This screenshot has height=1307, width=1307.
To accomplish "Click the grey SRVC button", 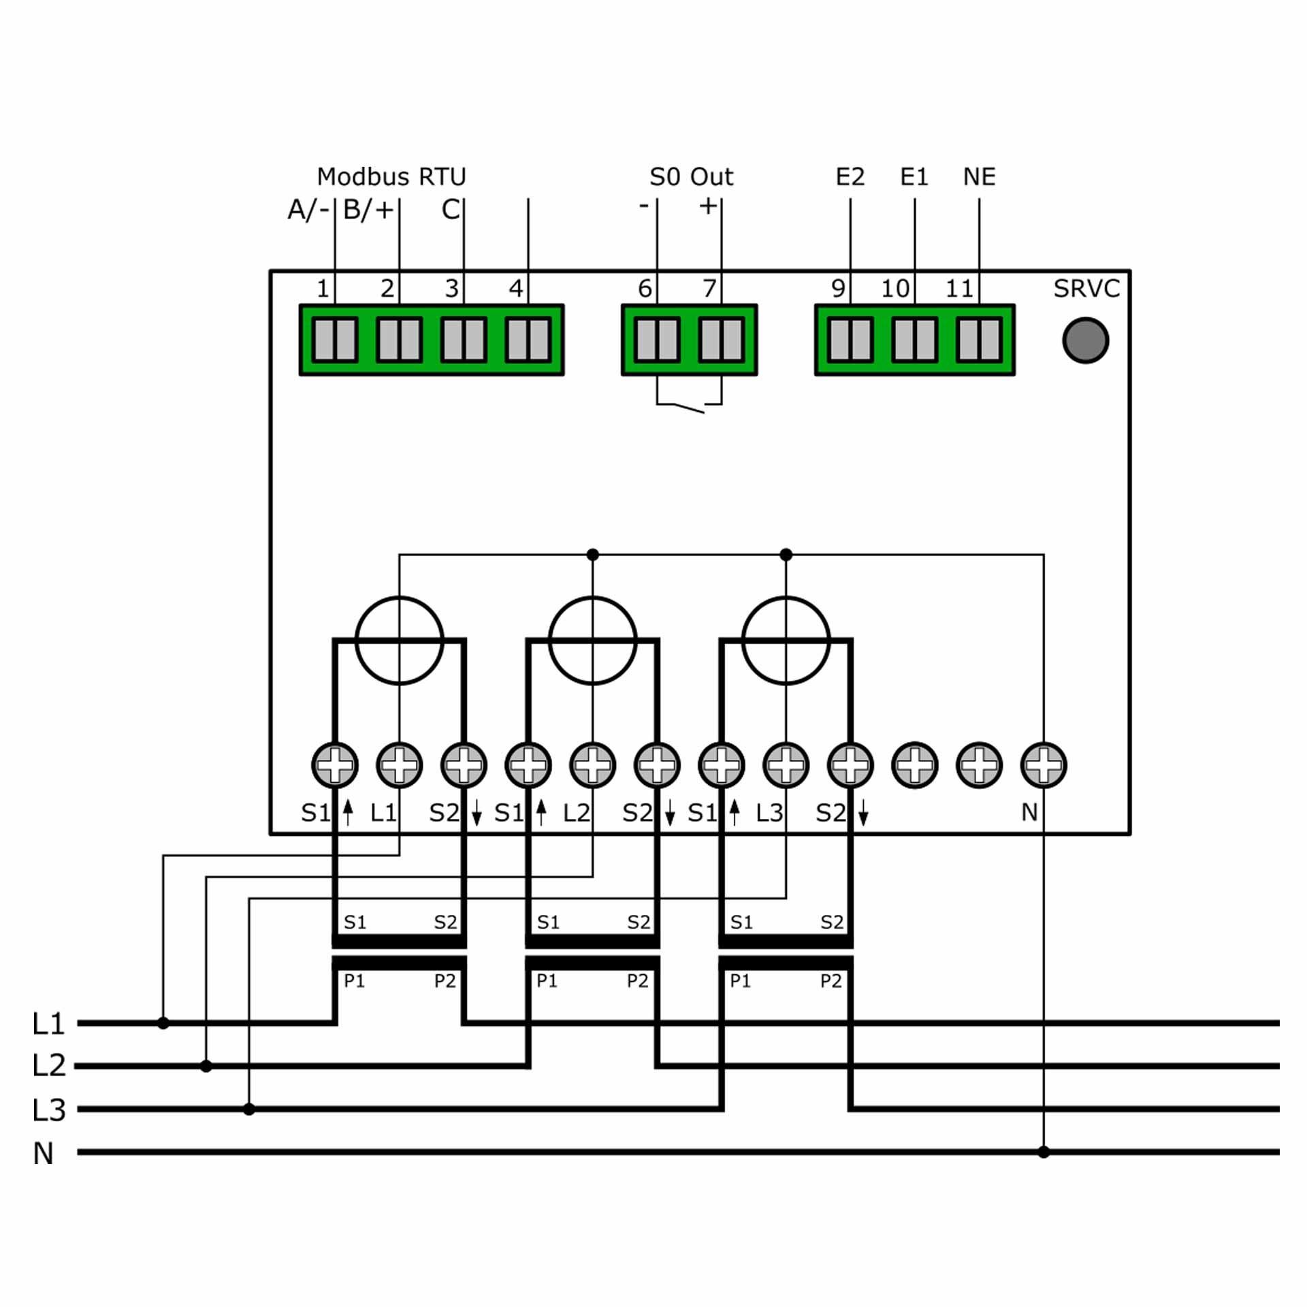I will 1085,340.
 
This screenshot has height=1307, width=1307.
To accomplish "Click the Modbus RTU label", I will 391,177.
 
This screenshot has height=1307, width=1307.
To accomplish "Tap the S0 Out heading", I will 691,177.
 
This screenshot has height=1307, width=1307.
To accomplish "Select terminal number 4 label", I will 516,289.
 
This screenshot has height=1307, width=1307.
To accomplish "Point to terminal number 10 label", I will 894,289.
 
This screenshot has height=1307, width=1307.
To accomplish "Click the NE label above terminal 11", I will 979,177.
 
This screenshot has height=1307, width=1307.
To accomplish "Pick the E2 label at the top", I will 850,177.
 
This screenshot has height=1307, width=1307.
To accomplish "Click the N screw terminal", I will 1044,765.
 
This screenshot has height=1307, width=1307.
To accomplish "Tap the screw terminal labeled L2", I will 592,765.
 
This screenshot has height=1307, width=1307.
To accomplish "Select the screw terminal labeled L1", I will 400,765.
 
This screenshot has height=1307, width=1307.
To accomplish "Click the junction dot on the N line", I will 1044,1152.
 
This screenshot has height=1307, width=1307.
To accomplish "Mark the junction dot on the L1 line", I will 163,1022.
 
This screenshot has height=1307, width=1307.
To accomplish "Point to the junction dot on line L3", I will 249,1109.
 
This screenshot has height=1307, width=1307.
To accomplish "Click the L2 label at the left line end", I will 49,1065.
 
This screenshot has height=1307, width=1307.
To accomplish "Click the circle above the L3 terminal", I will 786,640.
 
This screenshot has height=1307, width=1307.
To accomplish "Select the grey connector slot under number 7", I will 722,340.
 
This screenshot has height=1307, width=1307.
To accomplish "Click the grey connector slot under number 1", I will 335,340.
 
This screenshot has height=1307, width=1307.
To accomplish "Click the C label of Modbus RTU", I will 451,210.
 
